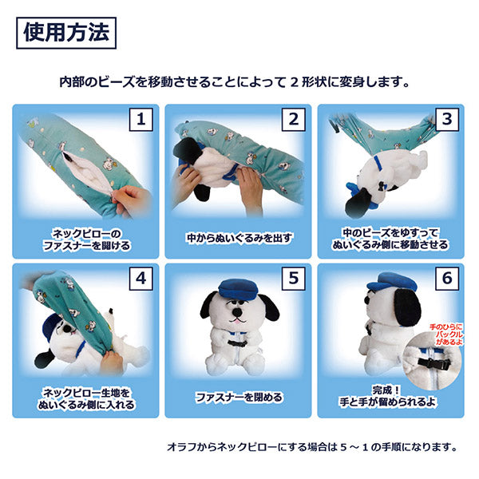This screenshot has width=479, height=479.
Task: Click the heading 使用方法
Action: coord(66,33)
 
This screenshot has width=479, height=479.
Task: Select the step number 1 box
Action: coord(141,120)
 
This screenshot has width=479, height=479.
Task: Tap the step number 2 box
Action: coord(293,120)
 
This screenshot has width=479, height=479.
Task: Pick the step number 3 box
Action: coord(446,120)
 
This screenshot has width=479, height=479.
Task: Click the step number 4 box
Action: coord(141,279)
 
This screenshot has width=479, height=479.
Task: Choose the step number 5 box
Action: coord(293,279)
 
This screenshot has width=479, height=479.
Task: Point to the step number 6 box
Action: coord(446,279)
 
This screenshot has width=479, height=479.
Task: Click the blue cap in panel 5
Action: coord(238,289)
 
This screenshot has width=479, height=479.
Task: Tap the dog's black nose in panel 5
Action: coord(237,312)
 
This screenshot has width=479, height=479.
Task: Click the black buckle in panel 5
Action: coord(237,343)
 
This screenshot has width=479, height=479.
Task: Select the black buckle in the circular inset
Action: coord(434,364)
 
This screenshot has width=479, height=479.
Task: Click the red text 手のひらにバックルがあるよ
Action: coord(446,335)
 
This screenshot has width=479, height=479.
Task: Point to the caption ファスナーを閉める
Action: coord(238,397)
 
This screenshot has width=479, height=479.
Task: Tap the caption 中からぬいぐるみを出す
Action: coord(239,238)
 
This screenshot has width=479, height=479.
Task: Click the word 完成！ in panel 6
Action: coord(386,390)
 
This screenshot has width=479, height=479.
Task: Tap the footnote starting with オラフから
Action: coord(312,447)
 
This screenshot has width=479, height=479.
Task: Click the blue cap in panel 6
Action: coord(392,283)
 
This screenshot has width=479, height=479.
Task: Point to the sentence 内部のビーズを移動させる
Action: coord(234,82)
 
